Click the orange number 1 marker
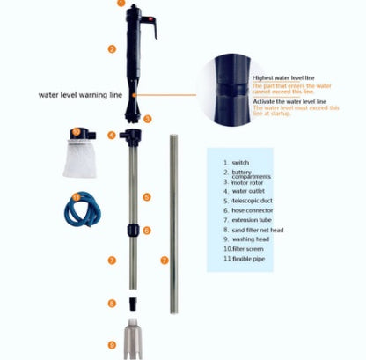121,4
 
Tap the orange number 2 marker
112,49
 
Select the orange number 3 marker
147,118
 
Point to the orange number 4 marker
112,135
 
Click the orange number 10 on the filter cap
77,134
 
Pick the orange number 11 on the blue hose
77,197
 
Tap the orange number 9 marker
112,344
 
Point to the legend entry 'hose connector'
253,210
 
